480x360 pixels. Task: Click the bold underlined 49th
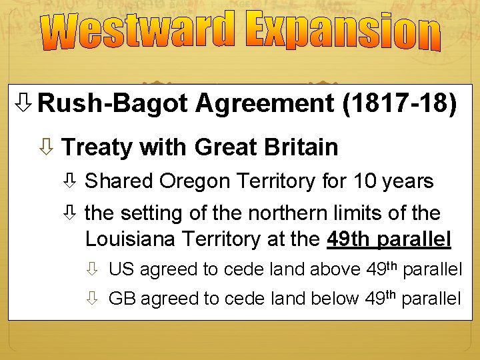[349, 239]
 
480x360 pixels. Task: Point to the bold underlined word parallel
[413, 239]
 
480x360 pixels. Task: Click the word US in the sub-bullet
[121, 270]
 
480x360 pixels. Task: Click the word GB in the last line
[121, 299]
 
